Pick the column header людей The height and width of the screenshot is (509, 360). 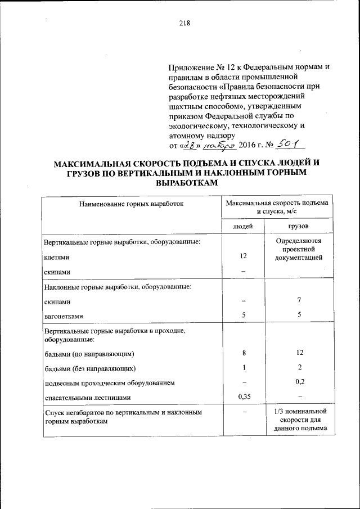pos(243,226)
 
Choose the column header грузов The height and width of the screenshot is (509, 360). pos(299,226)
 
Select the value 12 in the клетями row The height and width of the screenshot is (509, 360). pos(243,256)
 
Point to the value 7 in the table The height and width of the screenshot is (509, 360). pos(300,301)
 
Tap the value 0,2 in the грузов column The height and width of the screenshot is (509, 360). pos(300,382)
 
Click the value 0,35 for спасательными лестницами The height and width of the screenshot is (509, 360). pos(243,397)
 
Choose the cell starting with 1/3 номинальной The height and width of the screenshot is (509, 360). pos(299,421)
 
